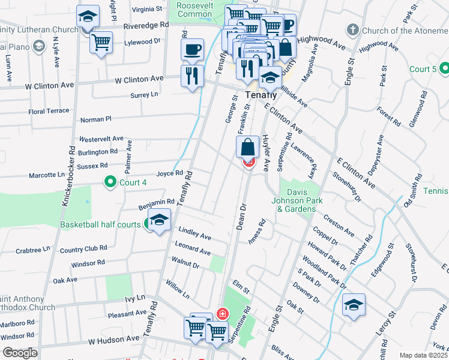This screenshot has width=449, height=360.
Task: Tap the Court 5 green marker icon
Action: click(445, 69)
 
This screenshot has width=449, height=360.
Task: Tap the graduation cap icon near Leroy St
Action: click(354, 305)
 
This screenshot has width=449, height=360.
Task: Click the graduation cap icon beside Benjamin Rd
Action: click(158, 221)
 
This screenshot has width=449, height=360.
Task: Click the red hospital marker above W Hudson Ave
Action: click(221, 314)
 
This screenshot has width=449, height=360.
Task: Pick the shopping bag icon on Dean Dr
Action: click(247, 147)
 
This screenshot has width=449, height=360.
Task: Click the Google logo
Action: click(20, 352)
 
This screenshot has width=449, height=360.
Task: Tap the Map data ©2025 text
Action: click(423, 355)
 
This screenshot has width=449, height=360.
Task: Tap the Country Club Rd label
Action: click(83, 248)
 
